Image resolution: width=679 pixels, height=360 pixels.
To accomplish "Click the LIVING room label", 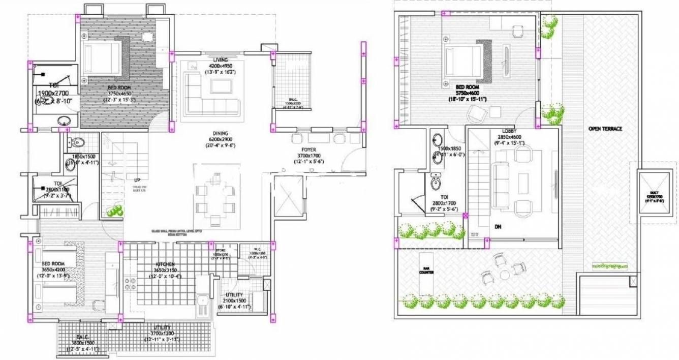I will coord(220,60).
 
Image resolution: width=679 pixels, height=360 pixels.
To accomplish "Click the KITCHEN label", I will coord(165,264).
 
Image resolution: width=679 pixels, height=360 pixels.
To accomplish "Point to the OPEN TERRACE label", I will coord(605,129).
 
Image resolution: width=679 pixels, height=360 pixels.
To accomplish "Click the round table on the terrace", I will coord(504,275).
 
